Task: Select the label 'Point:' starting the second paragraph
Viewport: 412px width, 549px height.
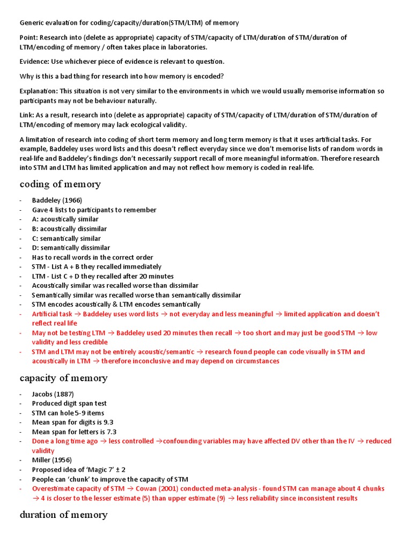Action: [29, 38]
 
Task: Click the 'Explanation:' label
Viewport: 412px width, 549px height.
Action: [39, 91]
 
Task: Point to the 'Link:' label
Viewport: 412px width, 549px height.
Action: [27, 115]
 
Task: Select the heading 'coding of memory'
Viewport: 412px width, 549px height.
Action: [60, 184]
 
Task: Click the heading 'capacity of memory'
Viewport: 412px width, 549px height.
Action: [63, 378]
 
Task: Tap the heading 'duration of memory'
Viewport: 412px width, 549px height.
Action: [63, 515]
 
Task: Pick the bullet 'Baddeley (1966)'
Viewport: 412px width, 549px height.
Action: [57, 201]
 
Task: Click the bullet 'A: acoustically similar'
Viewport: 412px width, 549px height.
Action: [65, 219]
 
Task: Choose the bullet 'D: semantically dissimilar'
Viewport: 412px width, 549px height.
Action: [71, 248]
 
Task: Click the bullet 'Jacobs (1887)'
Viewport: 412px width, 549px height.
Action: [53, 394]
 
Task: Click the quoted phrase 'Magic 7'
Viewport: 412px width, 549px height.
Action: [95, 470]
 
